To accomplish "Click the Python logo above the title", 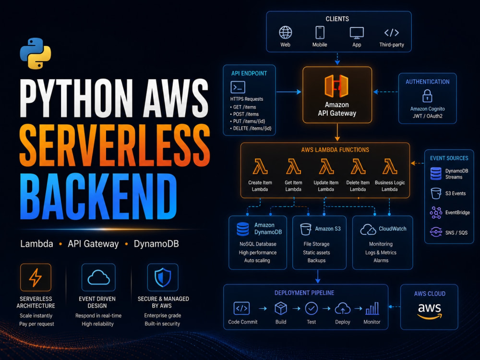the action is [36, 53].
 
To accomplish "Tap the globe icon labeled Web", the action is [285, 33].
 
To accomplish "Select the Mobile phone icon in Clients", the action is [320, 33].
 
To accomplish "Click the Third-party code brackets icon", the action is [392, 33].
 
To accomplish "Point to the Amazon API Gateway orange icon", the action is [336, 86].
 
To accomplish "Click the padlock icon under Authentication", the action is [427, 96].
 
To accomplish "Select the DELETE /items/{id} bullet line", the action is [251, 129].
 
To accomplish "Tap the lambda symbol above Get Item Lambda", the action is [293, 167].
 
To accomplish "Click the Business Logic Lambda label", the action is [390, 186].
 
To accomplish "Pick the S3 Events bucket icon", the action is [436, 193].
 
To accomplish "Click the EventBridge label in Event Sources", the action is [457, 213].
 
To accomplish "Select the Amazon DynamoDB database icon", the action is [243, 229].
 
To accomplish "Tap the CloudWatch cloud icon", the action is [368, 229].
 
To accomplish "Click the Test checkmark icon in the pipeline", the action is [312, 309].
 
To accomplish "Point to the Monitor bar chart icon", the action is [372, 309].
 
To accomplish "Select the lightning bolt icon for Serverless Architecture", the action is [36, 277].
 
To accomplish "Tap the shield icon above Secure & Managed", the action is [163, 277].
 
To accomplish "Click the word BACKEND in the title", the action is [98, 196].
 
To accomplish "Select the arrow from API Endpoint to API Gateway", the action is [288, 92].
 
